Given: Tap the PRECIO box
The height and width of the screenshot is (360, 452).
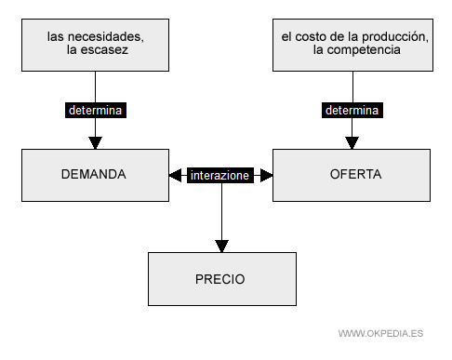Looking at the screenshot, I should coord(221,279).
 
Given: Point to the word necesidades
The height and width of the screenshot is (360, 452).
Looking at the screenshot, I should coord(108,36).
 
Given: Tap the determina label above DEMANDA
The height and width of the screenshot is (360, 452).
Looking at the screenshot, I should coord(95,109).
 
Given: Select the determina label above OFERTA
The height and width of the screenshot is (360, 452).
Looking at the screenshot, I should coord(352,109).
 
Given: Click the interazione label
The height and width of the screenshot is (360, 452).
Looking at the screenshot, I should coord(220,174).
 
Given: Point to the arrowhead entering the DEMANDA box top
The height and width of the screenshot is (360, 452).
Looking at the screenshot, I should coord(95,142).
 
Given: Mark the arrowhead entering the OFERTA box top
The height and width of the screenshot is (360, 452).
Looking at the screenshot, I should coord(352,142).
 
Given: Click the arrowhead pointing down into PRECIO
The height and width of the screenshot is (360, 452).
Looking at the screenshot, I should coord(221,247).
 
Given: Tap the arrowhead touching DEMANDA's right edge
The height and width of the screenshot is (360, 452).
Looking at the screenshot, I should coord(176,174).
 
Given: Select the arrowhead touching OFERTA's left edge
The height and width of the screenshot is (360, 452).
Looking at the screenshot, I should coord(266,174).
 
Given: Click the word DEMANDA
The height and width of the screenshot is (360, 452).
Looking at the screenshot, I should coord(93,174).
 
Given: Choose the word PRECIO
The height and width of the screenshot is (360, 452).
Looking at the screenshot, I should coord(220,279).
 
